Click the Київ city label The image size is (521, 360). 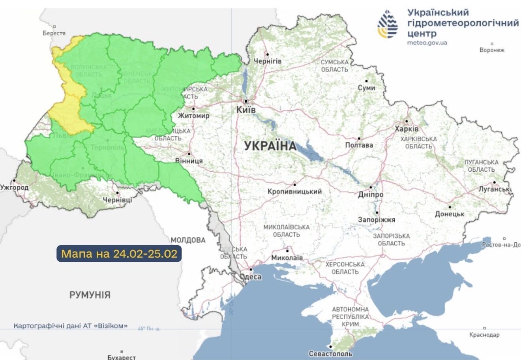(x=246, y=110)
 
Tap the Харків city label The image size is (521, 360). (x=407, y=129)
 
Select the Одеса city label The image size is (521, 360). (x=251, y=277)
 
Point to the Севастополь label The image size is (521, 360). (x=330, y=354)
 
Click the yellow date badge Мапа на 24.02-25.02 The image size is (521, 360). (x=119, y=253)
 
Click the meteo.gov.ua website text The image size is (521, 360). (x=427, y=43)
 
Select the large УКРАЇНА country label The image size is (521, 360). (x=270, y=146)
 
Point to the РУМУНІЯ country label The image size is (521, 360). (x=90, y=294)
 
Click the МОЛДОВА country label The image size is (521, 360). (x=188, y=240)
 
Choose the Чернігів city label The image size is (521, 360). (x=268, y=61)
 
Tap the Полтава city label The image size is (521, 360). (x=359, y=145)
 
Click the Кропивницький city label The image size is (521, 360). (x=294, y=191)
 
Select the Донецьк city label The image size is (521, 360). (x=450, y=214)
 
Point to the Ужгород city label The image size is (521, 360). (x=15, y=187)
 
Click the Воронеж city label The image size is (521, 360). (x=492, y=50)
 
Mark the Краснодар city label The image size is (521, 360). (x=484, y=335)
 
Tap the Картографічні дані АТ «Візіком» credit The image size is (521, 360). (x=71, y=326)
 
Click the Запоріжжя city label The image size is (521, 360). (x=377, y=219)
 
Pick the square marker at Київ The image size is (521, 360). (x=246, y=101)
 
